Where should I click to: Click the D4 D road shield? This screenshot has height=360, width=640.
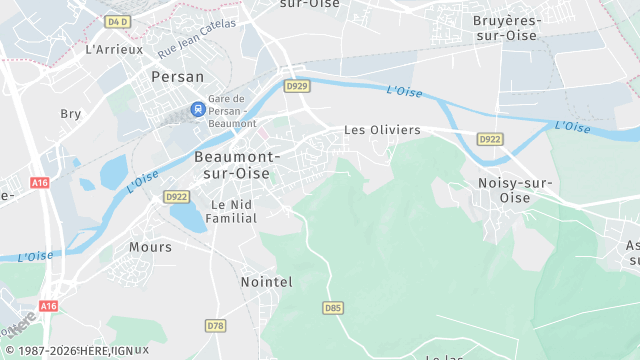point(118,20)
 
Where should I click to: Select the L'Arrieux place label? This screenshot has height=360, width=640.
point(114,48)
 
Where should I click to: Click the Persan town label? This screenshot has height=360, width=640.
point(177,76)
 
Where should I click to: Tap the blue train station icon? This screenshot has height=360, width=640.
point(198,108)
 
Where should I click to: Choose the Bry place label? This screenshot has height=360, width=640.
point(71,114)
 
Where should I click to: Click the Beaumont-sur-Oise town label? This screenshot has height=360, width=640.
point(237,165)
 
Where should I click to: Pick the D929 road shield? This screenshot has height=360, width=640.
point(295,86)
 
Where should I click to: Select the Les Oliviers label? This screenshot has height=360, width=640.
point(382,130)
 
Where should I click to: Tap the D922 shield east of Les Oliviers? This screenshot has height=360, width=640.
point(489,139)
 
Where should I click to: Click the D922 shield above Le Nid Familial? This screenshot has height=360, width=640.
point(176,197)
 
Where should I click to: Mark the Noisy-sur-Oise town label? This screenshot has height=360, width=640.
point(515,190)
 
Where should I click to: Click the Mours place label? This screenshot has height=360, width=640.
point(150,246)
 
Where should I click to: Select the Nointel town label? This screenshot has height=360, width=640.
point(266,283)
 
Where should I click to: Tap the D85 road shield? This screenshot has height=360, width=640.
point(333,308)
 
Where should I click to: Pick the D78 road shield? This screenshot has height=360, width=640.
point(215,326)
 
